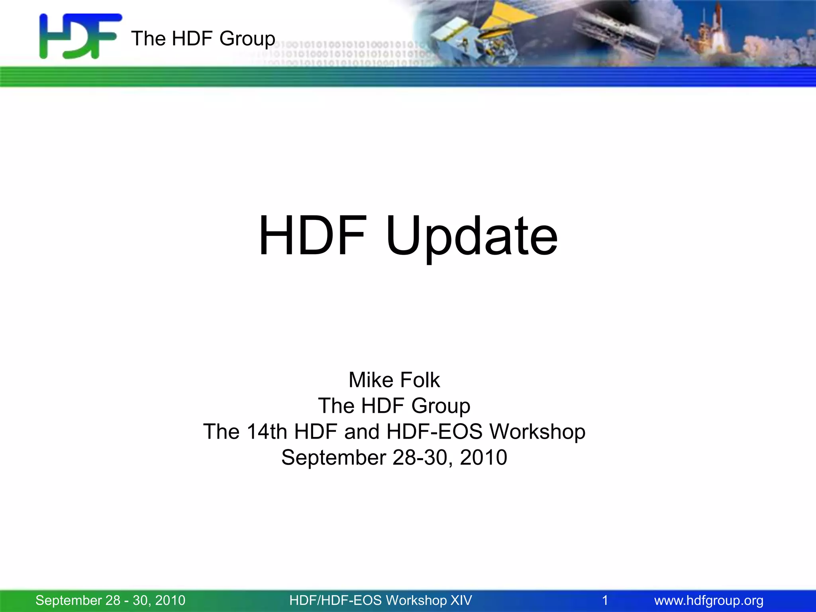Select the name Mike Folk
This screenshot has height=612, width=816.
point(394,380)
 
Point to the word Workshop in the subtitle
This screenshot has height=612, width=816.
point(537,432)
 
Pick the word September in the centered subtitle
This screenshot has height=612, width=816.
point(333,457)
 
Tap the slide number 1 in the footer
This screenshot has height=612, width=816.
point(605,600)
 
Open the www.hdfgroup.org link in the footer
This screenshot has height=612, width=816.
point(709,600)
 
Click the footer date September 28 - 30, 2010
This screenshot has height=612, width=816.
point(110,600)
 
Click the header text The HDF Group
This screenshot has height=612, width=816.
point(203,39)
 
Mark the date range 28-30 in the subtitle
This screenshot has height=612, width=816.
point(422,457)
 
